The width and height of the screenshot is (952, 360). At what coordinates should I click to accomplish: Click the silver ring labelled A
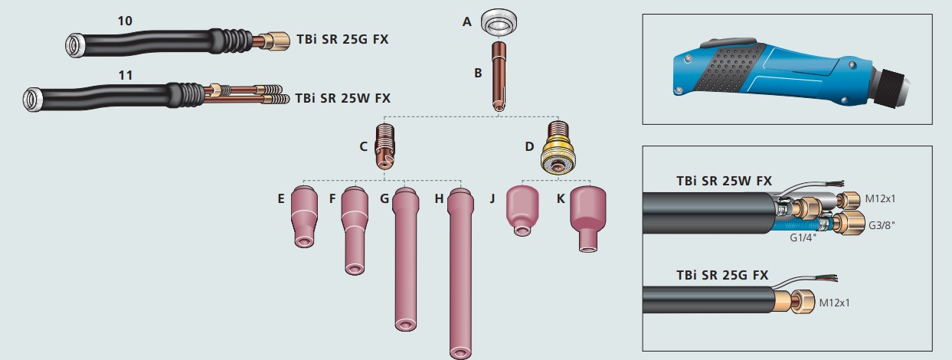(499, 22)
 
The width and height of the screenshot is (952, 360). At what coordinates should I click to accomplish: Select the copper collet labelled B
(499, 77)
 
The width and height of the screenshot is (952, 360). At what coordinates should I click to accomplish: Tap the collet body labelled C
(385, 146)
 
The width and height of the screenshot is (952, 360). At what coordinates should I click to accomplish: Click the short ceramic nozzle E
(304, 217)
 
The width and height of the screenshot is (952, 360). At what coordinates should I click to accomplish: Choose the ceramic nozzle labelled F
(355, 231)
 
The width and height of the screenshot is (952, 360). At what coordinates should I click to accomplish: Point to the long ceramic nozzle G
(405, 259)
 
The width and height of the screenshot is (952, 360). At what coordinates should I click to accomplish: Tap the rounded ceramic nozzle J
(522, 210)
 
